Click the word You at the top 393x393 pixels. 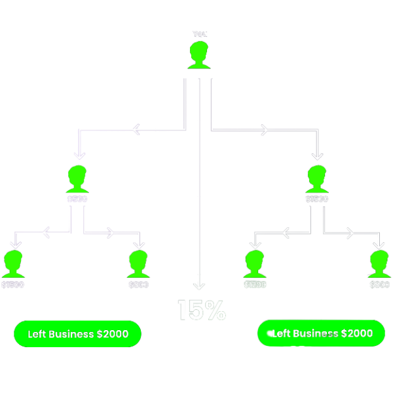200,33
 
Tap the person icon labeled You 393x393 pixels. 199,55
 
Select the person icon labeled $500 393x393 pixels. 77,179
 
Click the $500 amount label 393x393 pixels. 77,199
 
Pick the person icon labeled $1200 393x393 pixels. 255,264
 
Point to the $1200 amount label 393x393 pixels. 255,285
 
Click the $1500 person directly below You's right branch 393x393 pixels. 317,179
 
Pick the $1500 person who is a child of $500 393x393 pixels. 13,264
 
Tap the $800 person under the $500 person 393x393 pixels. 138,264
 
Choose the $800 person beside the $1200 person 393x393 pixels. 379,264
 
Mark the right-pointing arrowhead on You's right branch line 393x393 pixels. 264,130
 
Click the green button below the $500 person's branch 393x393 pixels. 77,333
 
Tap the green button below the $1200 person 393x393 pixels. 321,333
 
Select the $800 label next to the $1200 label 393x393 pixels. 379,285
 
